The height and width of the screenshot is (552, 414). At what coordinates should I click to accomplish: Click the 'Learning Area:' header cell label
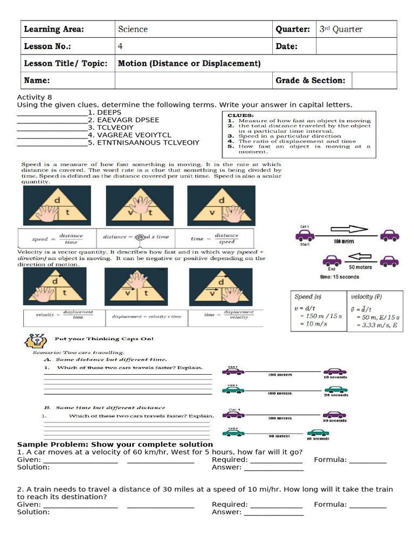click(54, 29)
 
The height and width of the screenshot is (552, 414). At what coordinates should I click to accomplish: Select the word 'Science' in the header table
click(133, 29)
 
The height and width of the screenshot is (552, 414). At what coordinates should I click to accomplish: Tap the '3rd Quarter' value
click(341, 29)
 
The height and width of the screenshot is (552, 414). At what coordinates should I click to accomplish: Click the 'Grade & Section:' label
click(310, 80)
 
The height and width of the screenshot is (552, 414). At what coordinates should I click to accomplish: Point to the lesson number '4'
click(121, 46)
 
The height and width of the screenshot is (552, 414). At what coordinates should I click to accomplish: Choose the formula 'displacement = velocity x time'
click(147, 316)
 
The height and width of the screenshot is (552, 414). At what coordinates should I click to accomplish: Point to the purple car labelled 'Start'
click(306, 236)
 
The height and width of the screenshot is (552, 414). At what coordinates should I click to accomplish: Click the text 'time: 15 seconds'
click(339, 277)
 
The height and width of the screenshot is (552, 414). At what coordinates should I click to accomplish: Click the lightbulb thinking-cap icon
click(34, 341)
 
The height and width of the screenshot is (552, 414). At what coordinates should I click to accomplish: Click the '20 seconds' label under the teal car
click(335, 395)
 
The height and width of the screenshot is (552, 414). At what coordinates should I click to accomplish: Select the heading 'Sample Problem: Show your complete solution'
click(115, 444)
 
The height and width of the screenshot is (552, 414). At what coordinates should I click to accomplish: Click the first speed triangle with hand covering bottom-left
click(57, 206)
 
